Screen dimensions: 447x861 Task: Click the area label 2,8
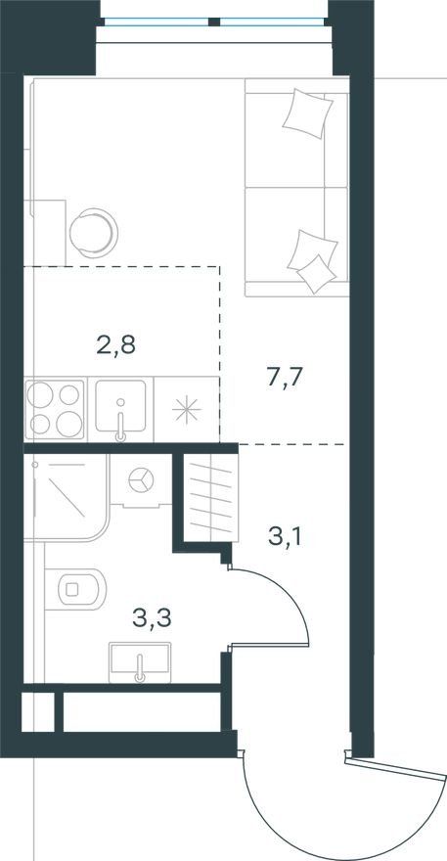click(115, 346)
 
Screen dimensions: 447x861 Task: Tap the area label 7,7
click(286, 379)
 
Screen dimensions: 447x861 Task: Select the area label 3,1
click(286, 536)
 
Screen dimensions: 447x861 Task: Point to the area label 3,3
click(152, 617)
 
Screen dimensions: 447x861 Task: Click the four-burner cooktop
click(55, 409)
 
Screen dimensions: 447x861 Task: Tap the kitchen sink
click(121, 406)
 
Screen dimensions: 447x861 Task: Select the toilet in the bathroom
click(74, 589)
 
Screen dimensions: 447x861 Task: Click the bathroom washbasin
click(140, 662)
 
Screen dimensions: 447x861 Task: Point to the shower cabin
click(66, 497)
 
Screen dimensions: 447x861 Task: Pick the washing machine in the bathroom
click(142, 480)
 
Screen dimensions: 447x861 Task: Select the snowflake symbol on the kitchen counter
click(186, 410)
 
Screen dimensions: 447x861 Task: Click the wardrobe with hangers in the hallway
click(211, 498)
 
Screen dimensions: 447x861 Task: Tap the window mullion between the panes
click(214, 22)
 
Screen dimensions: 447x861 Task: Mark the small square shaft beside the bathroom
click(38, 712)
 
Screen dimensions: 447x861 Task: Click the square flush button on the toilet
click(72, 589)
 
